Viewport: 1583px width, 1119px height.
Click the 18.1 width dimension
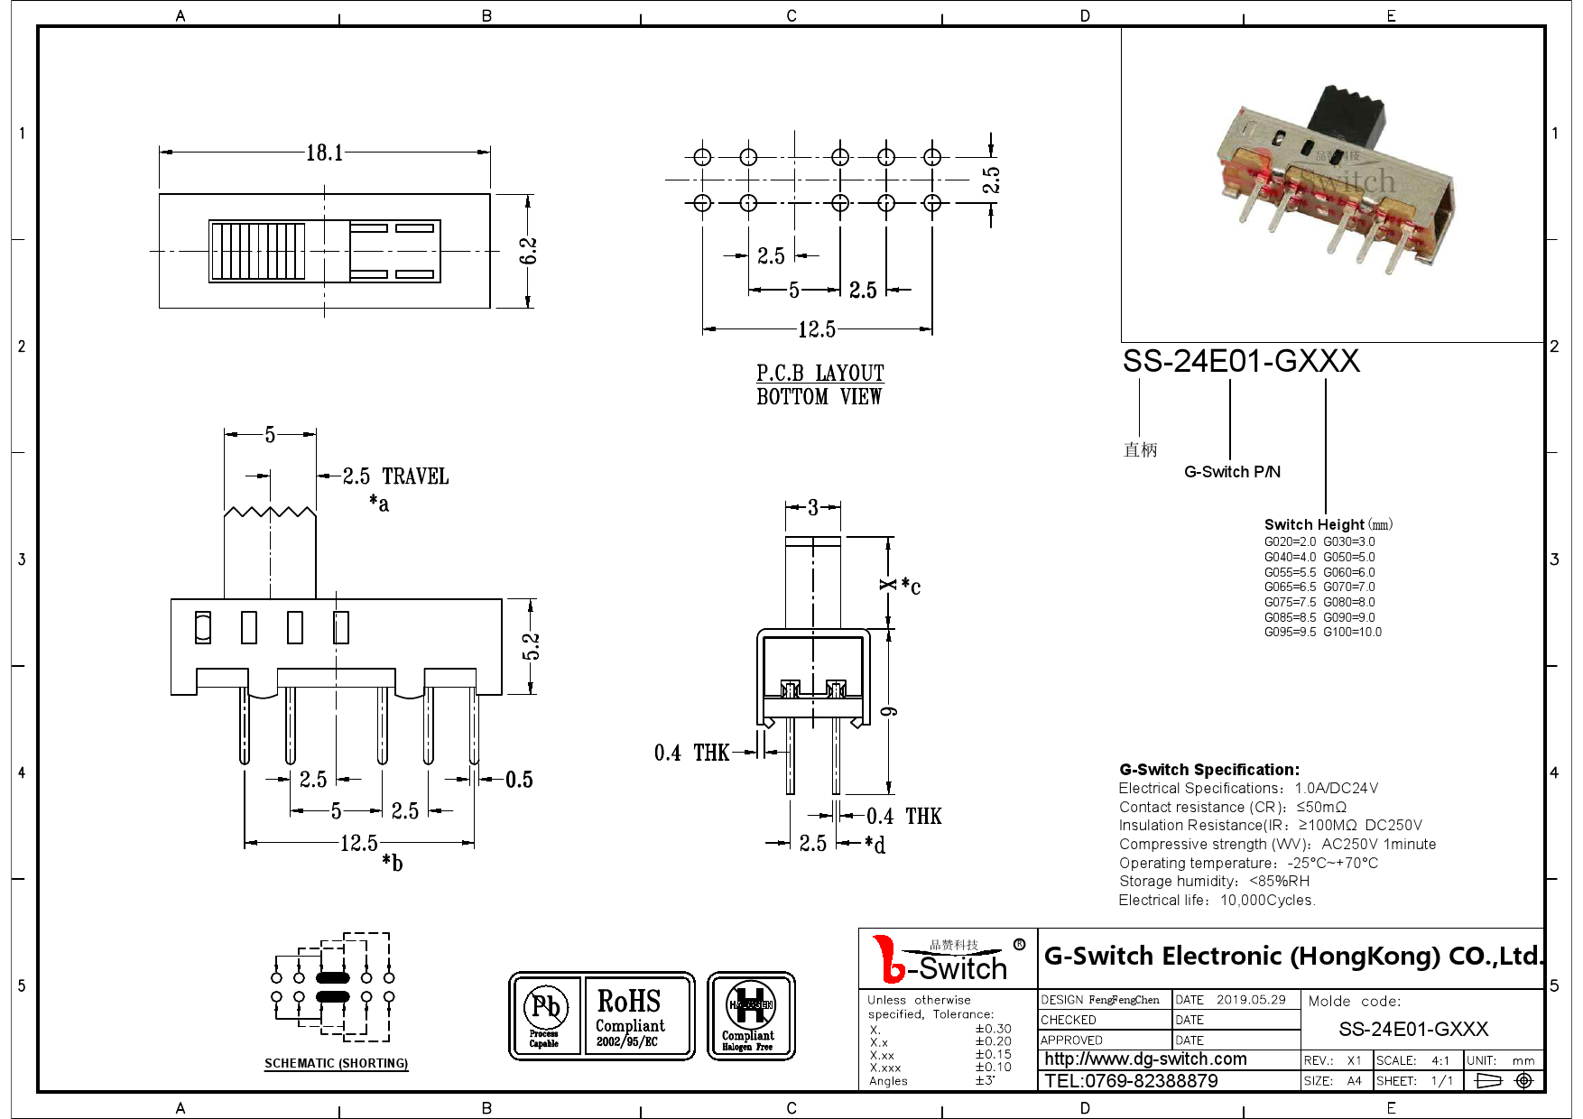pos(324,153)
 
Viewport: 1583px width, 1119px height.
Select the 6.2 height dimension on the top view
pos(529,251)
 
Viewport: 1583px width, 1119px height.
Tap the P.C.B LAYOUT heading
pos(819,374)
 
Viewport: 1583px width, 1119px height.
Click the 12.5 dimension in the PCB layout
pos(816,329)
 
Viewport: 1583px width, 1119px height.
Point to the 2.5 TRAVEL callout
pos(394,476)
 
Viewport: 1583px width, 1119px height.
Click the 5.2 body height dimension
pos(532,646)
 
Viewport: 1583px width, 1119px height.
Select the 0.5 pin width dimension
pos(519,780)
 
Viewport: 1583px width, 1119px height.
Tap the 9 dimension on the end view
pos(890,711)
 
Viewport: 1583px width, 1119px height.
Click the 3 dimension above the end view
pos(812,507)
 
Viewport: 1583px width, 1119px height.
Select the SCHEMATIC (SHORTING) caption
pos(336,1063)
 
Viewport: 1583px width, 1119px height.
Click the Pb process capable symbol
pos(545,1015)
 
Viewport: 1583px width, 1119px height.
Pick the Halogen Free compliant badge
pos(750,1015)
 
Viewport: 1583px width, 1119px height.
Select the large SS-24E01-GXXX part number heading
pos(1240,361)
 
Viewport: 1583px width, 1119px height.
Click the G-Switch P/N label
pos(1232,472)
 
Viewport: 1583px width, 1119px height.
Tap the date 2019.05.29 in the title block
pos(1250,999)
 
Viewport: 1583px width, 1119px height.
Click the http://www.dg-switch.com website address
pos(1145,1059)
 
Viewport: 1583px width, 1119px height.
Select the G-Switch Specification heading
pos(1208,769)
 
